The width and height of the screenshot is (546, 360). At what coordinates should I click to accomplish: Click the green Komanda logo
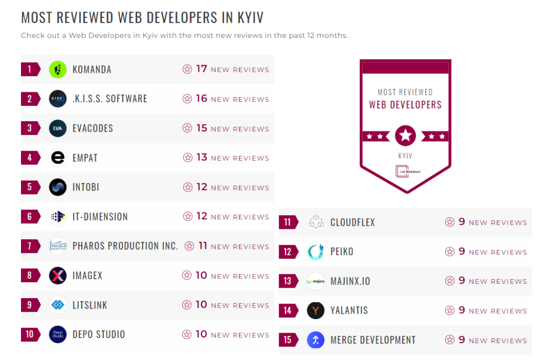[x=58, y=69]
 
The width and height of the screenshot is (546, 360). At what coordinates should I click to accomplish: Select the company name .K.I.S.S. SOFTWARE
[x=110, y=99]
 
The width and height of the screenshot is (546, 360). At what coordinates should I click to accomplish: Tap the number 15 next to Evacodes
[x=202, y=128]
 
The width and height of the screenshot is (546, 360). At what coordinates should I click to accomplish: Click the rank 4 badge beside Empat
[x=30, y=157]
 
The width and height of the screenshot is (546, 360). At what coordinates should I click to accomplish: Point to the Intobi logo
[x=58, y=187]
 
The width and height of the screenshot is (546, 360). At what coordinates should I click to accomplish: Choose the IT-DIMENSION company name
[x=100, y=217]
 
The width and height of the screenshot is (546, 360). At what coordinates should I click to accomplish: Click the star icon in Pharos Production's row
[x=190, y=246]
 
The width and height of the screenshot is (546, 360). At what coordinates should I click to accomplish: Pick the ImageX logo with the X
[x=58, y=276]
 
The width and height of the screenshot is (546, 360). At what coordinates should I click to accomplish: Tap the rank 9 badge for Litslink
[x=30, y=305]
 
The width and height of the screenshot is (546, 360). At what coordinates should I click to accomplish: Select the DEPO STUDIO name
[x=99, y=334]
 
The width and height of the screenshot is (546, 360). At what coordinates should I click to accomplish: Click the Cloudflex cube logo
[x=316, y=222]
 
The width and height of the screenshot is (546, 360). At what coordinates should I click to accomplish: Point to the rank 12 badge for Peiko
[x=288, y=252]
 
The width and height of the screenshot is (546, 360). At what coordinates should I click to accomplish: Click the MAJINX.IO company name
[x=350, y=281]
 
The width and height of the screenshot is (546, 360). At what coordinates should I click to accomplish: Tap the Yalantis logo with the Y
[x=316, y=311]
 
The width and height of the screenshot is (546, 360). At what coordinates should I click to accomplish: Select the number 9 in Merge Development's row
[x=462, y=340]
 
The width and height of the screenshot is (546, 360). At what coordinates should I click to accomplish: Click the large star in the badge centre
[x=405, y=136]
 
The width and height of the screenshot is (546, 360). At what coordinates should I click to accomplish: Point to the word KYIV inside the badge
[x=405, y=156]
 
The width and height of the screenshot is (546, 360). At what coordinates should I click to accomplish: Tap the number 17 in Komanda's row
[x=202, y=69]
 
